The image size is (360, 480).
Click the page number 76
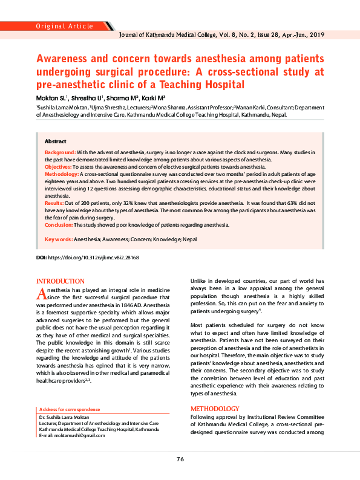coord(180,459)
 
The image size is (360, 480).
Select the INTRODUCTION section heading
coord(61,282)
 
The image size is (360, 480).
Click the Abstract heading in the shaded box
coord(56,140)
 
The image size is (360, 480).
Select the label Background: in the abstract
coord(61,153)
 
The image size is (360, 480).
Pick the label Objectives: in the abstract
coord(59,166)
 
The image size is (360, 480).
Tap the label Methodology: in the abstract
coord(62,174)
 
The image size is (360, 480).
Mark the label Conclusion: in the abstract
coord(59,224)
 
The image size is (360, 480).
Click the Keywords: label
coord(59,239)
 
